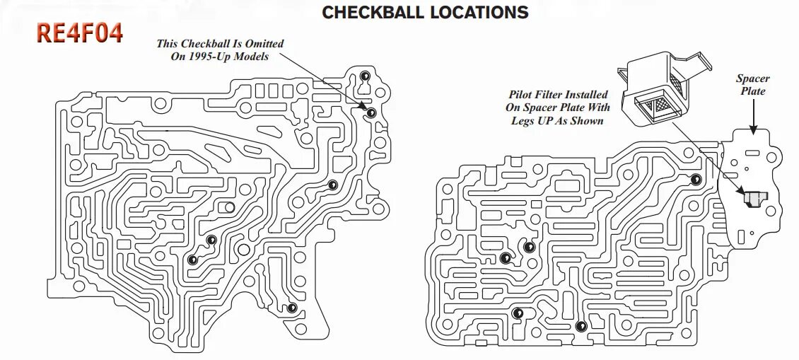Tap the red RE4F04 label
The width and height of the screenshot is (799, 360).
pos(79,33)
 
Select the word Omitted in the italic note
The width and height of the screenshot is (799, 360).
pos(262,44)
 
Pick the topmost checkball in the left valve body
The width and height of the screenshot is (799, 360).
pos(365,76)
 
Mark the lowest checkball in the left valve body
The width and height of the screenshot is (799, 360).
pos(291,308)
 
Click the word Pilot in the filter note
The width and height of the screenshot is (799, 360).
pos(522,95)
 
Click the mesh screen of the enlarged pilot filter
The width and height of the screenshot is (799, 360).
pos(654,106)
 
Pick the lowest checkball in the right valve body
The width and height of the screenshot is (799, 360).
pos(581,326)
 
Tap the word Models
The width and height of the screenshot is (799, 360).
pos(251,57)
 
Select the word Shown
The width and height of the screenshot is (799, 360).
pos(588,120)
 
